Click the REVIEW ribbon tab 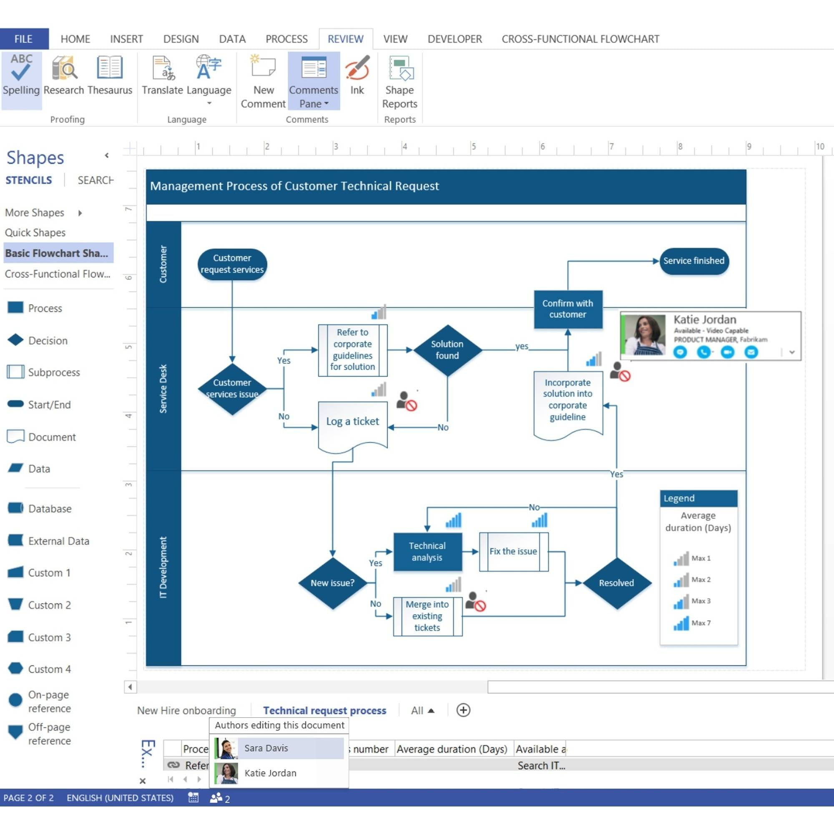(345, 39)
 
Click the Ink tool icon (357, 68)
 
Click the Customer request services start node (232, 264)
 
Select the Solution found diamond (447, 350)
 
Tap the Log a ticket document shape (353, 427)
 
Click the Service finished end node (694, 261)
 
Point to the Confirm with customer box (568, 309)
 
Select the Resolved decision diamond (616, 583)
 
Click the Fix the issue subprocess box (514, 551)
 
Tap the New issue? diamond (332, 583)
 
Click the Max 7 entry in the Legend (691, 623)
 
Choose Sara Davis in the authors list (266, 748)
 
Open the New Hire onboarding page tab (186, 711)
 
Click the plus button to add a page (463, 710)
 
